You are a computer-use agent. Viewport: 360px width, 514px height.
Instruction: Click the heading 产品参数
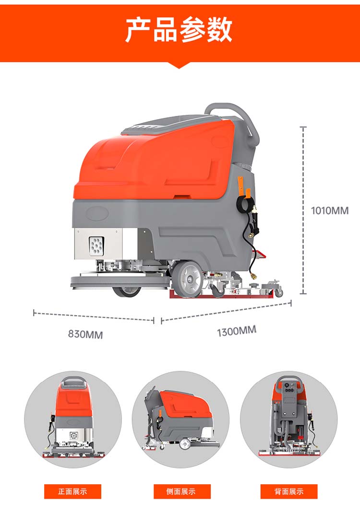pyautogui.click(x=179, y=30)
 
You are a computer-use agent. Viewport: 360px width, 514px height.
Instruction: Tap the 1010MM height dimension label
pyautogui.click(x=330, y=210)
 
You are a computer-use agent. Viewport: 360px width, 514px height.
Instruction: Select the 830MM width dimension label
pyautogui.click(x=85, y=334)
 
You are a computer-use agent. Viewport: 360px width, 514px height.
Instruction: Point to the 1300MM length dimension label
pyautogui.click(x=237, y=331)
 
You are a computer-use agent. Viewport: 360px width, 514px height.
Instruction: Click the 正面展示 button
pyautogui.click(x=73, y=491)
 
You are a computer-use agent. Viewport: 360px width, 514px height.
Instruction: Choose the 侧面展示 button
pyautogui.click(x=182, y=491)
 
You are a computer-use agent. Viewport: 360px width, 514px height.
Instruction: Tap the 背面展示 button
pyautogui.click(x=289, y=491)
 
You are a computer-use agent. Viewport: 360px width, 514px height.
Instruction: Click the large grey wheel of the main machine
pyautogui.click(x=187, y=279)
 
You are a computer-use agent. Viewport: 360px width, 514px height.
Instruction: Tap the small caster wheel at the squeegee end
pyautogui.click(x=279, y=292)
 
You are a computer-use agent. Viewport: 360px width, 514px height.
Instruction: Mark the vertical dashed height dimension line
pyautogui.click(x=303, y=210)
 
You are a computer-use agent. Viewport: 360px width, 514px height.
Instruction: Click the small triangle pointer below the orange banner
pyautogui.click(x=179, y=65)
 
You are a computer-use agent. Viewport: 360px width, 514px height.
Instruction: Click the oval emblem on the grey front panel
pyautogui.click(x=97, y=213)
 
